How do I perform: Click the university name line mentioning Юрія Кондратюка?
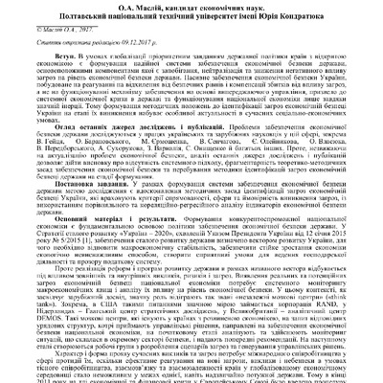(x=191, y=17)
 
